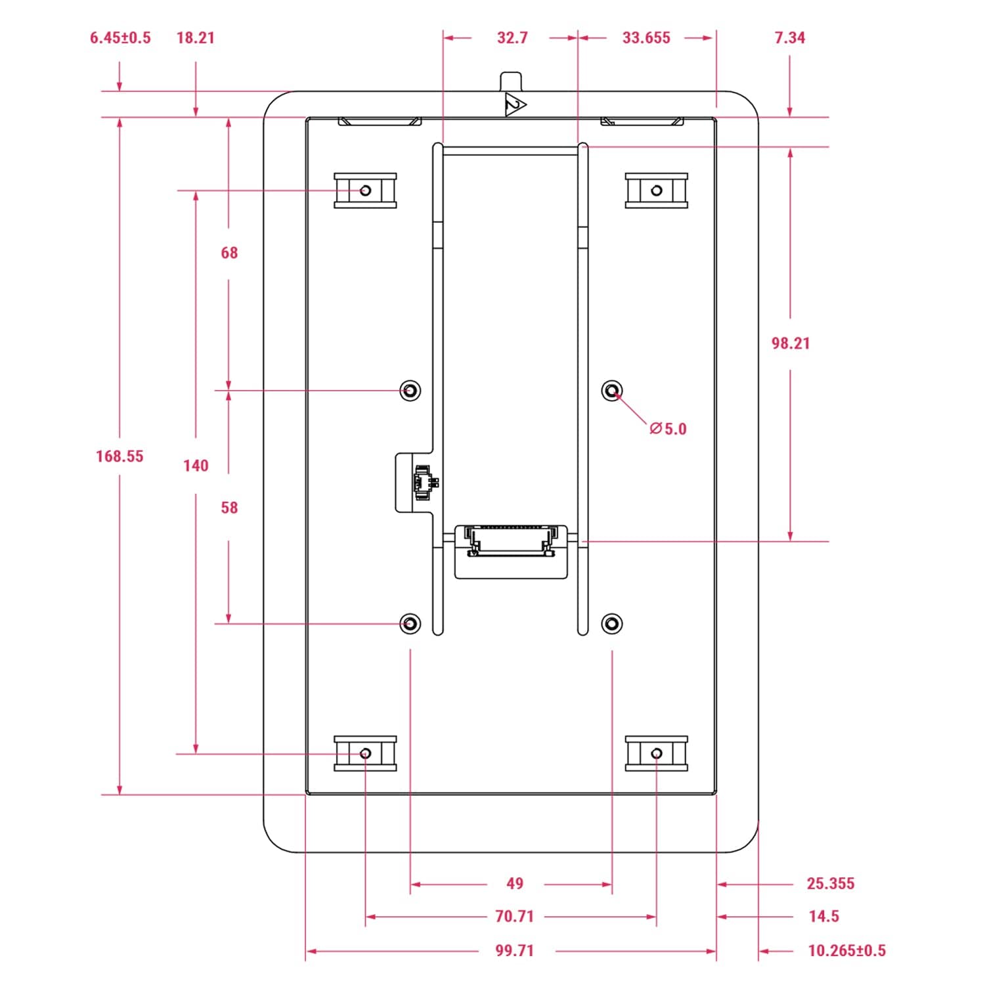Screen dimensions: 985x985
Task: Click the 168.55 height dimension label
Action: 120,456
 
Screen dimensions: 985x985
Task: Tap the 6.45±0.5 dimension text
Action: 120,37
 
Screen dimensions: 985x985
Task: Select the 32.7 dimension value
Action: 512,37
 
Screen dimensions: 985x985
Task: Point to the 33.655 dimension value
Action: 646,37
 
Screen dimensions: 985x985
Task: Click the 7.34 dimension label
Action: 789,37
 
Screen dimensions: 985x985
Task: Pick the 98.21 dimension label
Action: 791,343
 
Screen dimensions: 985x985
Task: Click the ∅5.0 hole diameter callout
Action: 668,429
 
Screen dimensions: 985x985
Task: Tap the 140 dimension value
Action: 196,466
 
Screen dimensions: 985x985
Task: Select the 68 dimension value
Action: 229,253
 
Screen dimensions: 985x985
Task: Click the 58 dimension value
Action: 229,508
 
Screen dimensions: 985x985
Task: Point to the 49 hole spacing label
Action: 515,884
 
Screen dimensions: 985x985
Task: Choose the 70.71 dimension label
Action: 514,916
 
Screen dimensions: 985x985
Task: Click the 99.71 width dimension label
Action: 514,950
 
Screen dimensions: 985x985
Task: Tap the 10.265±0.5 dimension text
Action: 846,950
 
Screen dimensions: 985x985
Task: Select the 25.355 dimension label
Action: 831,884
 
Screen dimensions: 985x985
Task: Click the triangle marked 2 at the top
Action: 514,106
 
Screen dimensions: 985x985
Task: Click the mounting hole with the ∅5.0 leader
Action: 612,391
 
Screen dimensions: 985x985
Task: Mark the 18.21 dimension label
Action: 196,37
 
